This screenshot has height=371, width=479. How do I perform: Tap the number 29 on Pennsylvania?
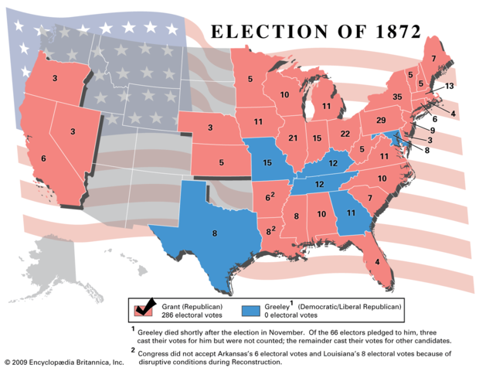click(x=381, y=121)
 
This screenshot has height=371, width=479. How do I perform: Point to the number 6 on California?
click(x=43, y=158)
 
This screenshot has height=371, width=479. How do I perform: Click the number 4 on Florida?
click(x=376, y=262)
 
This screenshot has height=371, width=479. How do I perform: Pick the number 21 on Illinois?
click(x=293, y=138)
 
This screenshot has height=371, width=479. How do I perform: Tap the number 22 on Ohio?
click(x=345, y=134)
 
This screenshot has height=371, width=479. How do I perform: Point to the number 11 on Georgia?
click(x=351, y=213)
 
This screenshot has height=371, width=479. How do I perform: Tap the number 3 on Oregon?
click(x=54, y=79)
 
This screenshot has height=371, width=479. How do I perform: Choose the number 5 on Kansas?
click(x=221, y=163)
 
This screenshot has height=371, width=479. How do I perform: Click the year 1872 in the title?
click(x=391, y=32)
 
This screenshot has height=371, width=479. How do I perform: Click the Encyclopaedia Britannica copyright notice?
click(x=63, y=362)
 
